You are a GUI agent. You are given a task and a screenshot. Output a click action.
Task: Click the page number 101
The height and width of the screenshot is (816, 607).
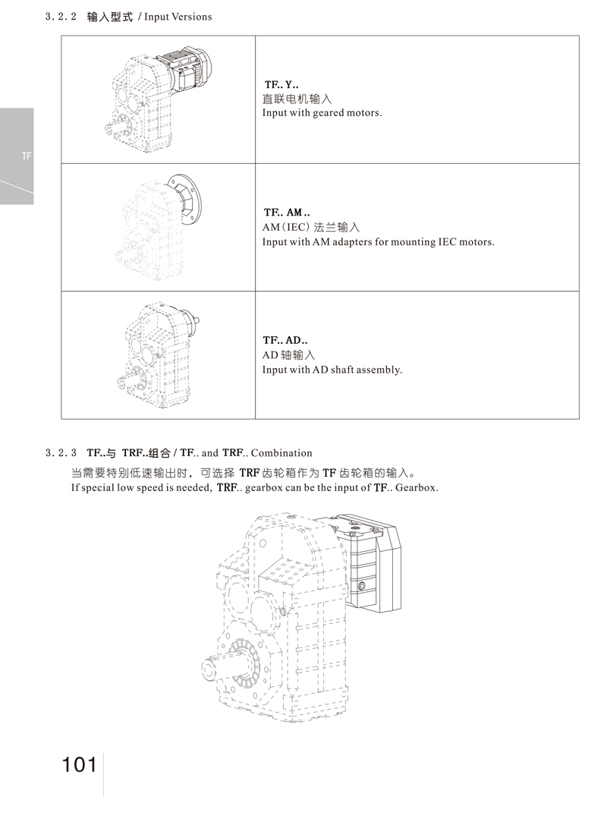tap(80, 764)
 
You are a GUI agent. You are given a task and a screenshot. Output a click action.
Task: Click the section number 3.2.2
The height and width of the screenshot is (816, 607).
tap(62, 16)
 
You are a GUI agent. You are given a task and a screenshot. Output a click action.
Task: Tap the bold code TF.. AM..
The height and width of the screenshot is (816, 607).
tap(286, 213)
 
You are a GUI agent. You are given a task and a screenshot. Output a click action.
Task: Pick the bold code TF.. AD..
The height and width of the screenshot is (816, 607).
tap(285, 342)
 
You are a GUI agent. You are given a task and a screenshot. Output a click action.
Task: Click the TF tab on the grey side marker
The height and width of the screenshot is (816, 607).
tap(27, 156)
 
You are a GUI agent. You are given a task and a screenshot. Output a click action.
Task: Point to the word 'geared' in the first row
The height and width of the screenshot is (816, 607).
tap(329, 113)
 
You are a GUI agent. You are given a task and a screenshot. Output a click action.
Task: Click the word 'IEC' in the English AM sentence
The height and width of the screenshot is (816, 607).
tap(450, 242)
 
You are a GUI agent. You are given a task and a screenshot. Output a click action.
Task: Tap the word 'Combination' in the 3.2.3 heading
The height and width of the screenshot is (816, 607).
tap(281, 453)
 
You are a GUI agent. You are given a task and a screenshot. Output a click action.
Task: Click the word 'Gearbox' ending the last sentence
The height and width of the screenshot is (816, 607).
tap(416, 487)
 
